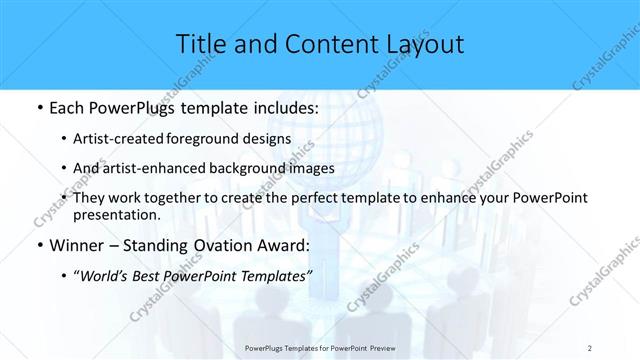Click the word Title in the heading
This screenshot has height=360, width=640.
(199, 44)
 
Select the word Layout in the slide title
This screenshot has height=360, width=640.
(424, 44)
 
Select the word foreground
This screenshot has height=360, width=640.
(207, 140)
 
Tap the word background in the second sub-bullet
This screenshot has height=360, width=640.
(249, 169)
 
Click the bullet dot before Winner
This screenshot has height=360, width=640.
(38, 245)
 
